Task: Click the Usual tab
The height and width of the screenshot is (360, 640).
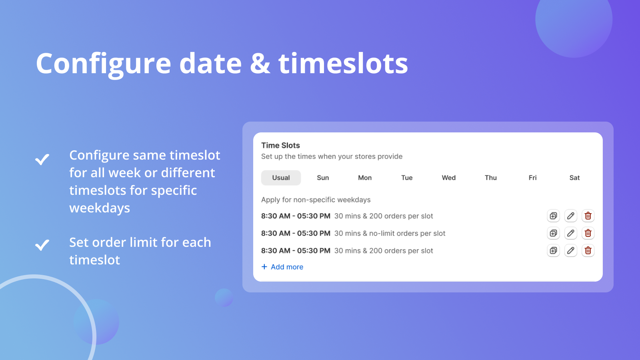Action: (x=281, y=178)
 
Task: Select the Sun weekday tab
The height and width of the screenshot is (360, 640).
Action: (x=323, y=178)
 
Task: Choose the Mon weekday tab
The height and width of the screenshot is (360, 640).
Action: (x=365, y=178)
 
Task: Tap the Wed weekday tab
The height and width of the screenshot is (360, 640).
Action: (x=448, y=178)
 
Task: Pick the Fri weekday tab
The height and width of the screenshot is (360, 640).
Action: (x=532, y=178)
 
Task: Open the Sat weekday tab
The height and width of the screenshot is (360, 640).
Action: (x=574, y=178)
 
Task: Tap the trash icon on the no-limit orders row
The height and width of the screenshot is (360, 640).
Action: (x=588, y=233)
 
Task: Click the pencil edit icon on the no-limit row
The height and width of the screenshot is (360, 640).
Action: (x=571, y=233)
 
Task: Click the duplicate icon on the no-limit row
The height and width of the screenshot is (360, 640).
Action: (x=553, y=233)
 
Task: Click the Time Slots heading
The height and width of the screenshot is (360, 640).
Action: (x=280, y=146)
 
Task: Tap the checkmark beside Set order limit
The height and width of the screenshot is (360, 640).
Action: (x=42, y=244)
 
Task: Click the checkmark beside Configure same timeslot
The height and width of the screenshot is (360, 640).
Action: (x=42, y=159)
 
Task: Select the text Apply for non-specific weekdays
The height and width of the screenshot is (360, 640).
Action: (x=316, y=200)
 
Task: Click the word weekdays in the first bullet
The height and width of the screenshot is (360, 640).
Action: (x=100, y=208)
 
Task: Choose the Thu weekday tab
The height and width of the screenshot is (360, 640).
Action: (x=490, y=178)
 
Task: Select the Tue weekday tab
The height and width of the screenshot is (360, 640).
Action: (x=407, y=178)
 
